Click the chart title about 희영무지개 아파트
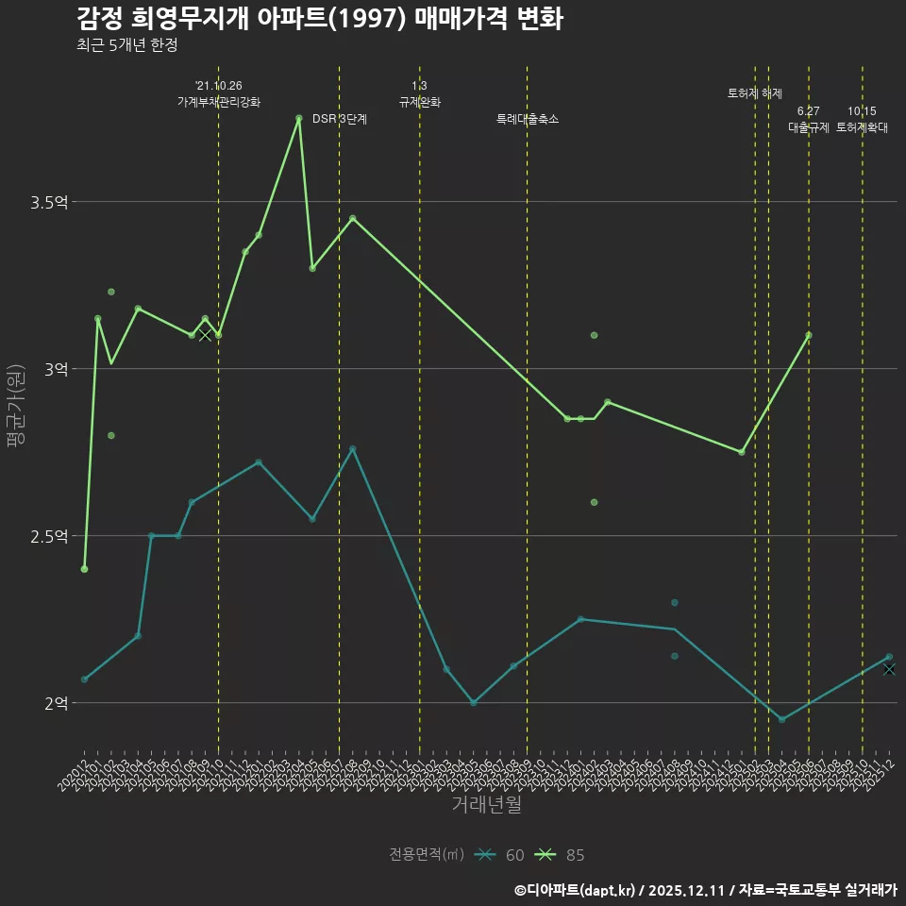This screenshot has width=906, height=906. click(319, 19)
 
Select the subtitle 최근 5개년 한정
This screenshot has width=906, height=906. click(126, 45)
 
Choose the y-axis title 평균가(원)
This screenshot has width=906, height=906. click(15, 411)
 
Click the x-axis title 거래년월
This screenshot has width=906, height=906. click(486, 805)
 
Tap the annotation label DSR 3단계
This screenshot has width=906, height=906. click(340, 119)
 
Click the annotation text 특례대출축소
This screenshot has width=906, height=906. click(528, 119)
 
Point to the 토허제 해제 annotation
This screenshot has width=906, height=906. click(755, 93)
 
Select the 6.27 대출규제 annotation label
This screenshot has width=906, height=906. click(809, 120)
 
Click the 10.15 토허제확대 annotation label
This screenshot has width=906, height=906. click(862, 120)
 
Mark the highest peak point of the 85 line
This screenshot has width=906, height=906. click(299, 118)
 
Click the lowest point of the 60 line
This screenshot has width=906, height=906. click(781, 720)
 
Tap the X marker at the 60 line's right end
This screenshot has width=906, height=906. click(889, 669)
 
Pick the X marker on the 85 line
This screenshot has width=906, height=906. click(205, 335)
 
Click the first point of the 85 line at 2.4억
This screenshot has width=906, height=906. click(84, 569)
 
